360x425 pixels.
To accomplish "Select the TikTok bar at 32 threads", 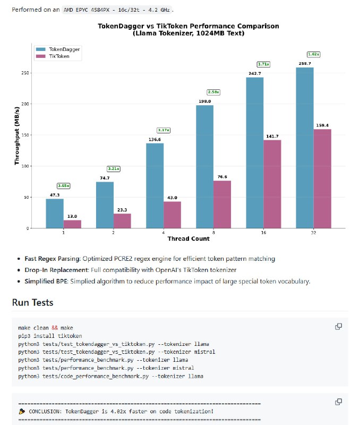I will (x=322, y=178).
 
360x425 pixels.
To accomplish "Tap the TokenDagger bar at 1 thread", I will (x=55, y=214).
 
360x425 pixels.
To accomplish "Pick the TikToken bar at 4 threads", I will (x=172, y=215).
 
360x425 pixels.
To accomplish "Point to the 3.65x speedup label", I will (x=64, y=186).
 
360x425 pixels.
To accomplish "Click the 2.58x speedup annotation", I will (x=213, y=92).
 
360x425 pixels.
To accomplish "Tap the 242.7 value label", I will (x=255, y=73).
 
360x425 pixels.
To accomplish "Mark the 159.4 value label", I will (x=322, y=125).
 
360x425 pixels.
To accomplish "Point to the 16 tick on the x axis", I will (x=263, y=233).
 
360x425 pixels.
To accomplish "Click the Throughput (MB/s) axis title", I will (x=17, y=135).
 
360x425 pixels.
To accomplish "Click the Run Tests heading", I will (x=32, y=303).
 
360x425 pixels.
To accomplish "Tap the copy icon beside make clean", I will (x=338, y=327).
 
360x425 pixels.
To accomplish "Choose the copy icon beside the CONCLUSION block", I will (x=338, y=402).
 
